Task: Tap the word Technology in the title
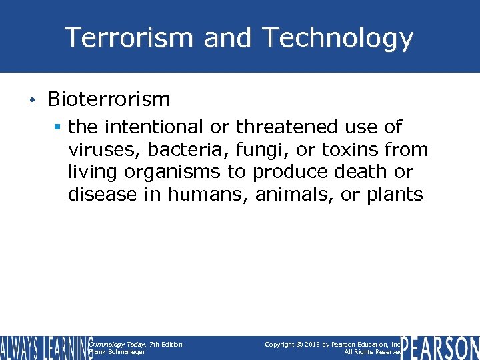click(x=338, y=38)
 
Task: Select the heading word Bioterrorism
click(x=109, y=99)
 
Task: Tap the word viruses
click(x=101, y=149)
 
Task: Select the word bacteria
click(x=177, y=149)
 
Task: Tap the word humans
click(x=207, y=195)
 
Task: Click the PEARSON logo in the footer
click(x=440, y=347)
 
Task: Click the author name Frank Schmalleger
click(x=117, y=352)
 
